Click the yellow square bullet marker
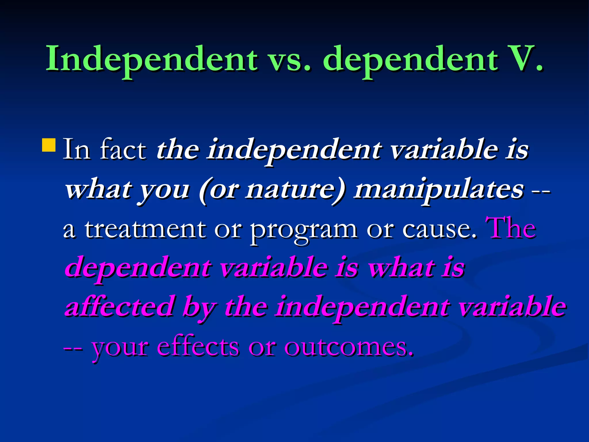(x=49, y=145)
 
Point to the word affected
(x=120, y=307)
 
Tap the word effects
(x=198, y=346)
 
